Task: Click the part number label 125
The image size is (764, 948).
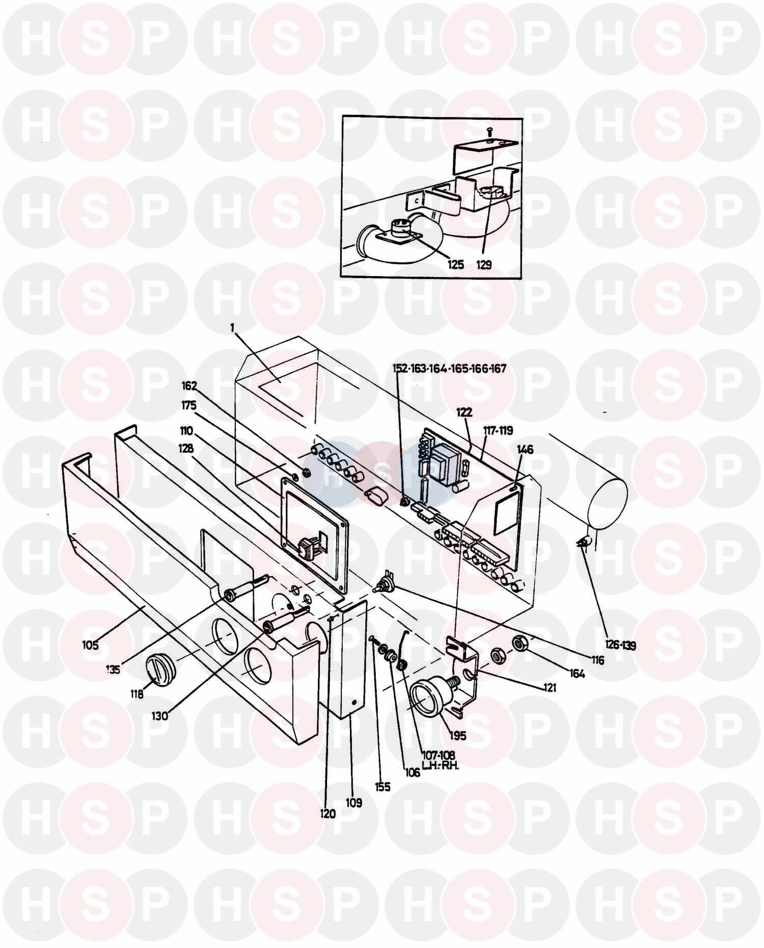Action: tap(456, 264)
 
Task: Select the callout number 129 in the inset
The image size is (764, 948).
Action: tap(484, 264)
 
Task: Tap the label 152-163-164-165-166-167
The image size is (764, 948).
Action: tap(449, 368)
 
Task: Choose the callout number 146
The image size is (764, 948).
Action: tap(525, 449)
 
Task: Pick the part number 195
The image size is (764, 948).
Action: tap(458, 736)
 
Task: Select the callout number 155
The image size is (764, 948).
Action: tap(383, 787)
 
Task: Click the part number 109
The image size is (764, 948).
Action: tap(353, 803)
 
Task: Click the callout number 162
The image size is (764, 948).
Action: tap(189, 386)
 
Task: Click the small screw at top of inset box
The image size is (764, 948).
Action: tap(489, 132)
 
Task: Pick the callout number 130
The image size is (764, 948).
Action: tap(159, 715)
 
